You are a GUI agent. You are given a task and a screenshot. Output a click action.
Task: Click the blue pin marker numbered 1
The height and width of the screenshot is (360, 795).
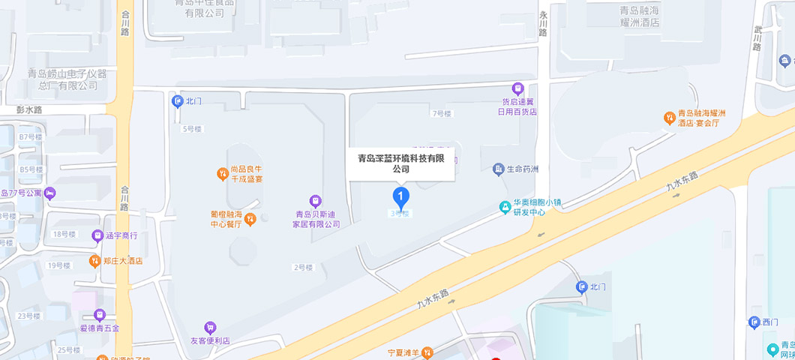click(401, 198)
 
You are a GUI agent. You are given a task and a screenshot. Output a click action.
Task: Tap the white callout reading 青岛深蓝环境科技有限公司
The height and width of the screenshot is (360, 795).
click(400, 163)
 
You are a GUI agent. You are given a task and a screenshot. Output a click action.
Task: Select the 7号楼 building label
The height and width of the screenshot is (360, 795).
click(442, 114)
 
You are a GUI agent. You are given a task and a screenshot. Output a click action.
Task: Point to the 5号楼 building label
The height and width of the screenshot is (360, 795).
click(192, 129)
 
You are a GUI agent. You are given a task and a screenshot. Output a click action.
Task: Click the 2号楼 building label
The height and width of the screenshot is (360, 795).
click(302, 267)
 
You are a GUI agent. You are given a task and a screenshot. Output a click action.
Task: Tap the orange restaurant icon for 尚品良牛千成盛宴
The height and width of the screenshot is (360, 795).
click(223, 174)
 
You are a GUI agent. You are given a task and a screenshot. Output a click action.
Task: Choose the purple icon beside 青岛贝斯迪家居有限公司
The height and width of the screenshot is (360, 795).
click(316, 200)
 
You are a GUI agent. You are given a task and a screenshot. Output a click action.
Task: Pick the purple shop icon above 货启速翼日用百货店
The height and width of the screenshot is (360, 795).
click(517, 88)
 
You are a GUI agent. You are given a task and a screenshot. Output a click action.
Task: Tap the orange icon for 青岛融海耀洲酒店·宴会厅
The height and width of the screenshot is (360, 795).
click(669, 117)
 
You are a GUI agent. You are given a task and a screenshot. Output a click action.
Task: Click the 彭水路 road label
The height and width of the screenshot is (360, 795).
click(29, 109)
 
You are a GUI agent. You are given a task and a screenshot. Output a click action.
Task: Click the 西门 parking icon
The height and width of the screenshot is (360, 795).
click(754, 322)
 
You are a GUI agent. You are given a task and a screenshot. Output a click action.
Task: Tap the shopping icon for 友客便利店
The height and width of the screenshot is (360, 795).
click(210, 328)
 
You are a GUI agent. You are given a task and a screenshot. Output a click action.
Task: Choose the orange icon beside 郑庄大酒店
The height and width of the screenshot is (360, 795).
click(94, 261)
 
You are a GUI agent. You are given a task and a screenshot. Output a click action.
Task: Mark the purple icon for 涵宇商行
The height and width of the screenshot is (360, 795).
click(97, 235)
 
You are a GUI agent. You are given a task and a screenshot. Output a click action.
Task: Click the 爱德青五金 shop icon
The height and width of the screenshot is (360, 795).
click(100, 315)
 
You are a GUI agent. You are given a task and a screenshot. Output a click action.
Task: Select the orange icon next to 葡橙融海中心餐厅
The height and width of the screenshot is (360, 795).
click(250, 219)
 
